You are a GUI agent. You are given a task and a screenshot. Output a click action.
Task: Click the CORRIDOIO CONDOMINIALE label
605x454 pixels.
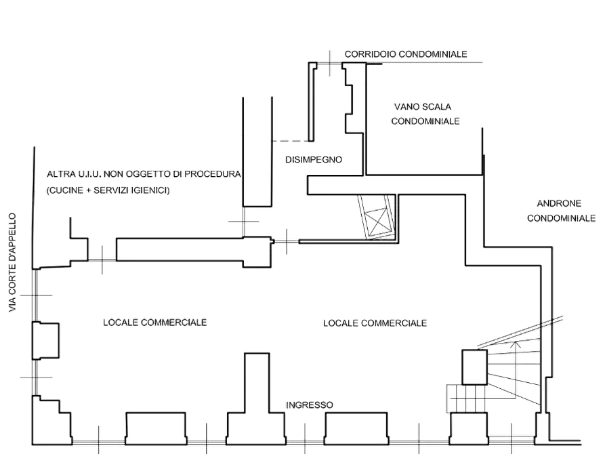406,54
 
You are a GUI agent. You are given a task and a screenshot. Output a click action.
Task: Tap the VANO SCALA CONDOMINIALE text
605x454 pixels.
425,114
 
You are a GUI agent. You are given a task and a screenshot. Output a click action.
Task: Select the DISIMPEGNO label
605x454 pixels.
312,159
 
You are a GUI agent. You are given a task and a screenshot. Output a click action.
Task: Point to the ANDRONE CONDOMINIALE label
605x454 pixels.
561,211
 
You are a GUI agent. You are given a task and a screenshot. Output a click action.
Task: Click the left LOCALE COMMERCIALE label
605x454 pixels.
155,322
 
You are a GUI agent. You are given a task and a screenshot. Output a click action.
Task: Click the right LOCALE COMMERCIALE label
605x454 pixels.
374,323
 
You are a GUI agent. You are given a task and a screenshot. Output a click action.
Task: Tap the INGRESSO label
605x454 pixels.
310,405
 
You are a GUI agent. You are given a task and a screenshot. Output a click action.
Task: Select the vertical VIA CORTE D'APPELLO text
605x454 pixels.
12,263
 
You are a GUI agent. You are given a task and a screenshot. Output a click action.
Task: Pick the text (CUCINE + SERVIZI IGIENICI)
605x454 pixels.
108,191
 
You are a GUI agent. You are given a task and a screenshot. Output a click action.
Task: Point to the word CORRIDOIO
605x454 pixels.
370,54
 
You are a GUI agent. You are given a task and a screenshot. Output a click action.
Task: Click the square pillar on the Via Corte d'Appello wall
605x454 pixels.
47,339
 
